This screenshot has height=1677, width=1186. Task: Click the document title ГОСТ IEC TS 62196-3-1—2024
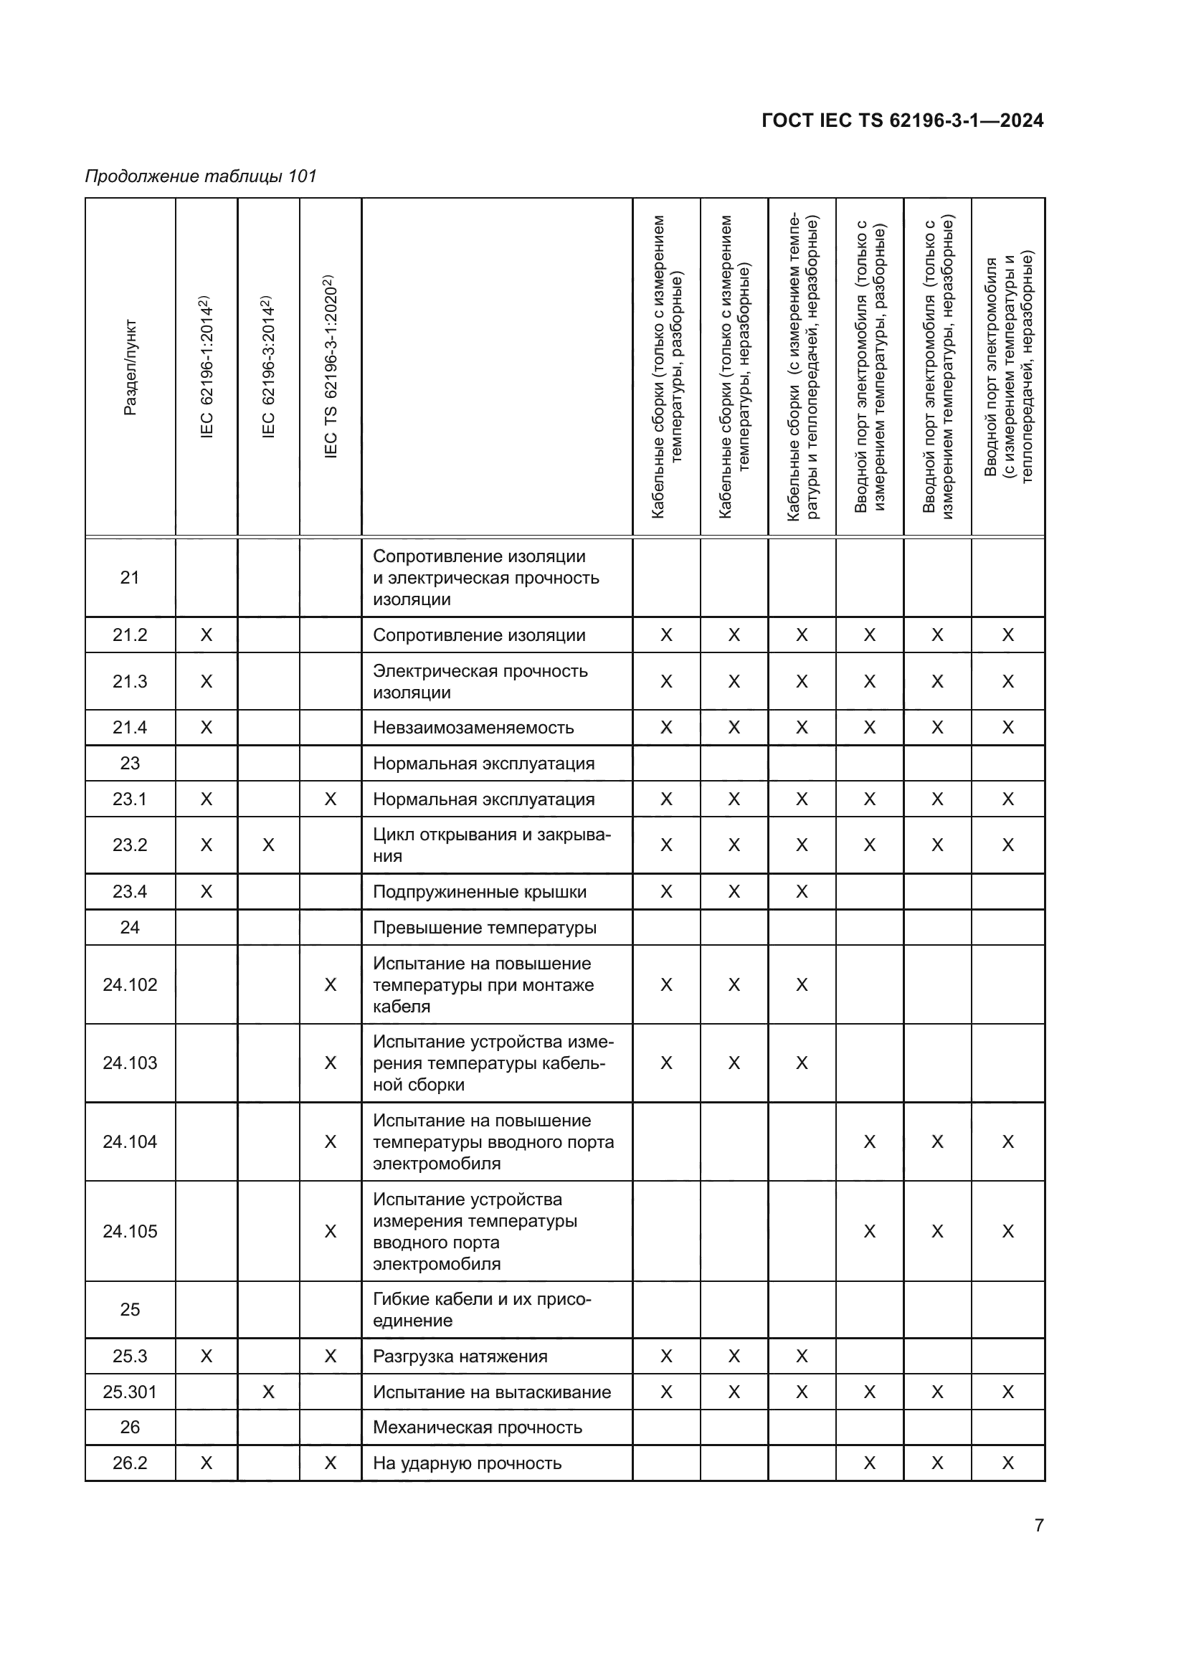pos(902,120)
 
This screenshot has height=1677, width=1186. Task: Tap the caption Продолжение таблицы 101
pos(201,176)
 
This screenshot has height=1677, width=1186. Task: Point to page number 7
pos(1038,1525)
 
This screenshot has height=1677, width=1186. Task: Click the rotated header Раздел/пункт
pos(130,367)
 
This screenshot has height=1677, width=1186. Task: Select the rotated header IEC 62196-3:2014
pos(268,366)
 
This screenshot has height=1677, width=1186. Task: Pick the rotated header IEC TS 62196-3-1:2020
pos(330,366)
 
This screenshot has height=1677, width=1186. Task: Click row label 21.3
pos(130,681)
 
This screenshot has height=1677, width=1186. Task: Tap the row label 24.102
pos(130,984)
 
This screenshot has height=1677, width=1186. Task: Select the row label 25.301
pos(130,1392)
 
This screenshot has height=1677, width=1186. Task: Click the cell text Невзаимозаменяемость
pos(473,728)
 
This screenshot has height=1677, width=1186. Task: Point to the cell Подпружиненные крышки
pos(480,892)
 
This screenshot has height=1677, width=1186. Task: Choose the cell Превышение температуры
pos(485,928)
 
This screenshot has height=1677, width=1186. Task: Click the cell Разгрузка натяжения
pos(460,1357)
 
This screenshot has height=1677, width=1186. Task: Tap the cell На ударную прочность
pos(468,1463)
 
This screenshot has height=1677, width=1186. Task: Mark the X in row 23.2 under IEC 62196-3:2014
pos(268,845)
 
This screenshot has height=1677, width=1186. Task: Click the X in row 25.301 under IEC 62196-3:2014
pos(268,1392)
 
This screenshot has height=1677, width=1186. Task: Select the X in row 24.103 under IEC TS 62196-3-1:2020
pos(330,1063)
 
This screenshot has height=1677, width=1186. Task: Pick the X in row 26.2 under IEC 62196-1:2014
pos(207,1463)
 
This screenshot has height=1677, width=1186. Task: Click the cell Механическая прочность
pos(478,1427)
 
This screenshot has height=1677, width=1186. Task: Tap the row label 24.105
pos(130,1232)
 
